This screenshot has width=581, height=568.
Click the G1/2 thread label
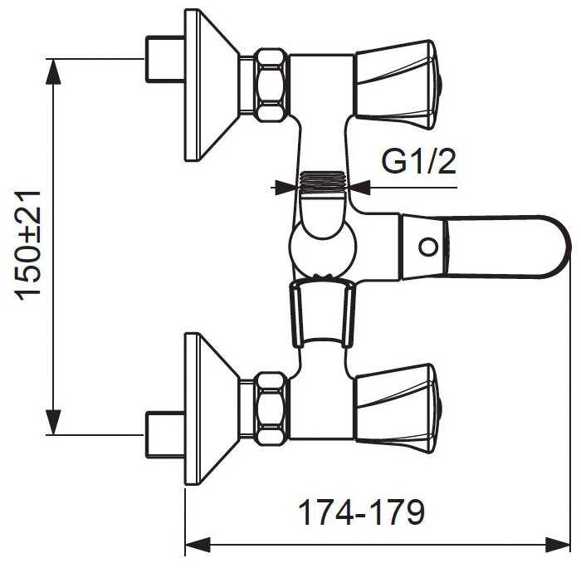coord(418,162)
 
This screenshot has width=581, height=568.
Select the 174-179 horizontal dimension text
coord(361,512)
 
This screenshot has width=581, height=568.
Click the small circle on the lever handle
coord(428,247)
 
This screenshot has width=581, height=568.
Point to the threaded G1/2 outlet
coord(322,183)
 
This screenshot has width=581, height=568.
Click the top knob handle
coord(398,85)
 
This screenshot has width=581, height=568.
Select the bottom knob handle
coord(398,409)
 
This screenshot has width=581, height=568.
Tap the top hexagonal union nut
coord(272,85)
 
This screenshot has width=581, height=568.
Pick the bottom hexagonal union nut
coord(272,409)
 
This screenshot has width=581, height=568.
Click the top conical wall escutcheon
coord(211,85)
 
